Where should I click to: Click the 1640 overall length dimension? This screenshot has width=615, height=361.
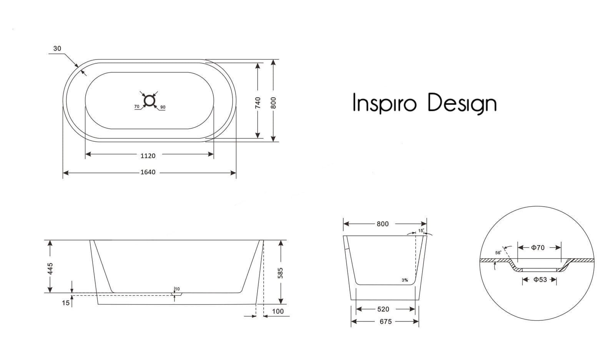pyautogui.click(x=148, y=172)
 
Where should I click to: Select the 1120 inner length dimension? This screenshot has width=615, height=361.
pyautogui.click(x=148, y=156)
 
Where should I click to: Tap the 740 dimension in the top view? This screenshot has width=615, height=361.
pyautogui.click(x=258, y=102)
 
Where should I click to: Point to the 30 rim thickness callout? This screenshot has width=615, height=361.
pyautogui.click(x=57, y=48)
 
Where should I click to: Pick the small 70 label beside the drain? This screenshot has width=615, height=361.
pyautogui.click(x=137, y=106)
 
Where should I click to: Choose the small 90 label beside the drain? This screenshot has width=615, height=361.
pyautogui.click(x=163, y=107)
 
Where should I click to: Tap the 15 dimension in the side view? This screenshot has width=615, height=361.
pyautogui.click(x=66, y=303)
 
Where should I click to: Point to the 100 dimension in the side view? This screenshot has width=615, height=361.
pyautogui.click(x=278, y=311)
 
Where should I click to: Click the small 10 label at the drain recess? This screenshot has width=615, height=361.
pyautogui.click(x=177, y=289)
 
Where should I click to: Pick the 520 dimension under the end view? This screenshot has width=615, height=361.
pyautogui.click(x=383, y=309)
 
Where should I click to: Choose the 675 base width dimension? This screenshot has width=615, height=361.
pyautogui.click(x=386, y=321)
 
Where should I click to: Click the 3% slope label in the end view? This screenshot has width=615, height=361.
pyautogui.click(x=405, y=280)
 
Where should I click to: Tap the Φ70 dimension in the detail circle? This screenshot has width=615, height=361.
pyautogui.click(x=538, y=248)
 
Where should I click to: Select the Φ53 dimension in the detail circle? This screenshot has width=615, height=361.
pyautogui.click(x=540, y=280)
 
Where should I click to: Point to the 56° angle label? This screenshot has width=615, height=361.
pyautogui.click(x=498, y=253)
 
